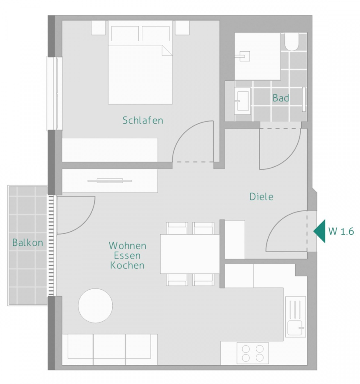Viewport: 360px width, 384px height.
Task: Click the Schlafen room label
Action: click(x=143, y=120)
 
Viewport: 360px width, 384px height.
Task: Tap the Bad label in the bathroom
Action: click(x=281, y=98)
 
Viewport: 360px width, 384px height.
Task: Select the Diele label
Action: click(x=261, y=197)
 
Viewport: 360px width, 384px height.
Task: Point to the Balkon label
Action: click(x=28, y=243)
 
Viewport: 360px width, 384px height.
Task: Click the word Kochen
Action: click(x=127, y=265)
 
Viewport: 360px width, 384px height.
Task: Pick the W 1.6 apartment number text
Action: click(x=341, y=231)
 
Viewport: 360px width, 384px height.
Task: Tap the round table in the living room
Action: click(x=95, y=305)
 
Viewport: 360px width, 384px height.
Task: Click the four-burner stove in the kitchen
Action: click(x=252, y=353)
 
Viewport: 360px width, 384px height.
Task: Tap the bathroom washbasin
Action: click(x=243, y=101)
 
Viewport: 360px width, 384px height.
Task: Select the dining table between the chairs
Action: click(x=190, y=254)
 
